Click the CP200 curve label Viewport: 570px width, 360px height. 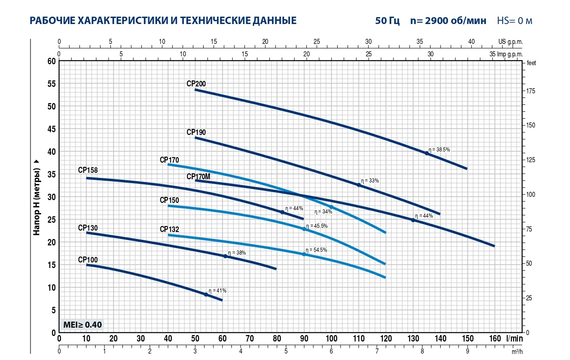pyautogui.click(x=196, y=84)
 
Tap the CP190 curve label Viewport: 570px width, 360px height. pyautogui.click(x=196, y=132)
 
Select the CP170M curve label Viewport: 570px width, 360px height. pyautogui.click(x=198, y=177)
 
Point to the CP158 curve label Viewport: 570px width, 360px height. pyautogui.click(x=88, y=170)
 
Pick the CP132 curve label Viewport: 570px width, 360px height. pyautogui.click(x=169, y=229)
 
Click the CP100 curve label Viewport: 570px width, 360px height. pyautogui.click(x=88, y=260)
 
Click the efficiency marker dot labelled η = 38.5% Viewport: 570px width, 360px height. pyautogui.click(x=426, y=153)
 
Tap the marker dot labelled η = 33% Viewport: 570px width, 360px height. pyautogui.click(x=358, y=185)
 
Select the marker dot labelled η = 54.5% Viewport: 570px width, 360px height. pyautogui.click(x=304, y=254)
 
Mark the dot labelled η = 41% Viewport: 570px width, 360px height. pyautogui.click(x=206, y=294)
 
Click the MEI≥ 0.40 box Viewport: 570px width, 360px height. pyautogui.click(x=82, y=324)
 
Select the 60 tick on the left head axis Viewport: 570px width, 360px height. pyautogui.click(x=51, y=61)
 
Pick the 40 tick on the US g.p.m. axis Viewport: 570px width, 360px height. pyautogui.click(x=471, y=42)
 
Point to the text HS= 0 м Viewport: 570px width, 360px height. pyautogui.click(x=515, y=21)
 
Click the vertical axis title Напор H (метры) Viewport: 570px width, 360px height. pyautogui.click(x=37, y=196)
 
